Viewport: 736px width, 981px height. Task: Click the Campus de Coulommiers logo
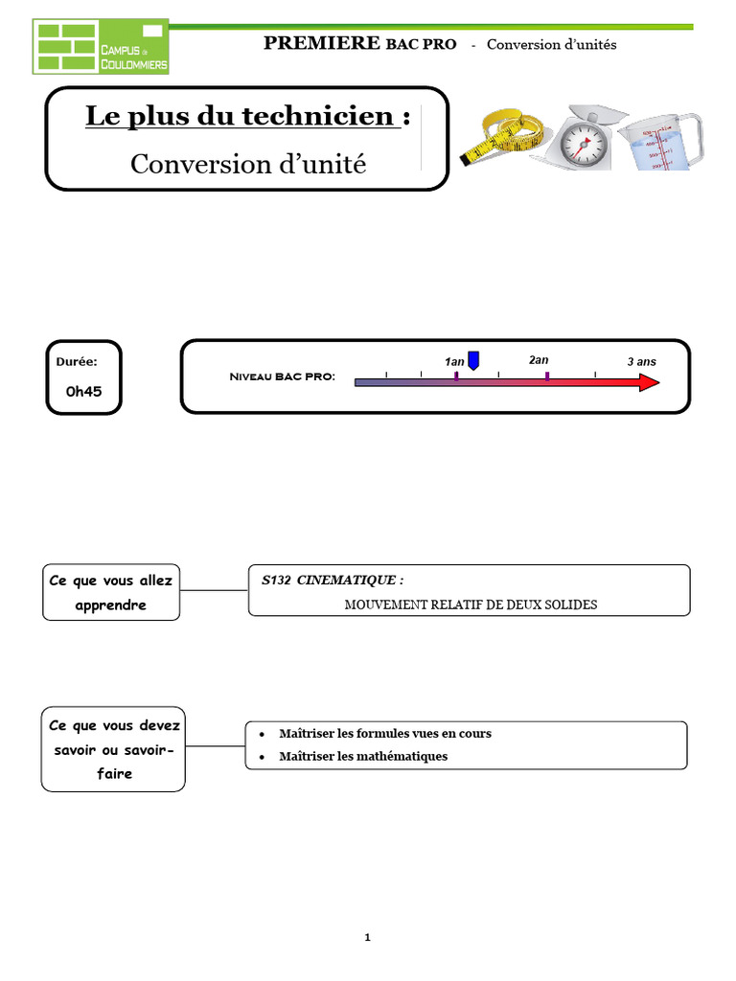point(101,47)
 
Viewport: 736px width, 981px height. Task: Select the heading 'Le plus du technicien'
point(241,117)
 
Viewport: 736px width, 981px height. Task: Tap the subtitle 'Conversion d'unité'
point(248,164)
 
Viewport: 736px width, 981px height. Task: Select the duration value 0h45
point(83,391)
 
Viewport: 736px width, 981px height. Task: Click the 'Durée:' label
point(76,362)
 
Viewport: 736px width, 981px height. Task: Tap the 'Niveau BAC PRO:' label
point(283,376)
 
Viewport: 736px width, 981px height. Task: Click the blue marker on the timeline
point(473,360)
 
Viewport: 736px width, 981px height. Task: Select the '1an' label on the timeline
point(454,361)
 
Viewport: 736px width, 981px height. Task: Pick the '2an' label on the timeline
point(539,359)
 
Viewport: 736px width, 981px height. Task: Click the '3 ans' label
point(641,361)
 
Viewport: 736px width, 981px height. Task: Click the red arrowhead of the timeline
point(649,382)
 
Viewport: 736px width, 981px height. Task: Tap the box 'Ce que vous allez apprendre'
point(110,592)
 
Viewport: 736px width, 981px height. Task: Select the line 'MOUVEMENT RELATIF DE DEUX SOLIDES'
point(471,605)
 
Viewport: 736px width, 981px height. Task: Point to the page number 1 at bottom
point(367,938)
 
